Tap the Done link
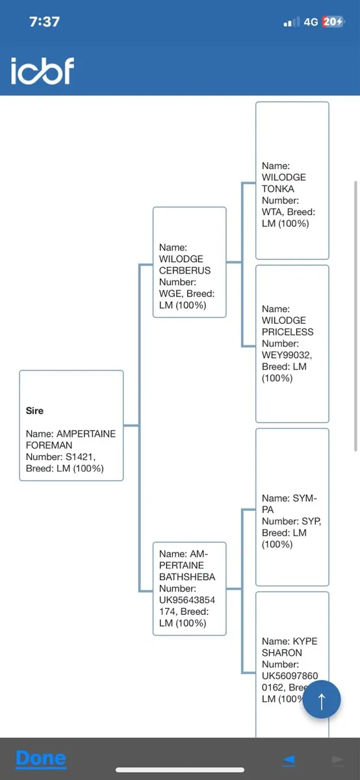pos(41,759)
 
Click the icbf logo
pos(42,71)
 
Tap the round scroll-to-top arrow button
pos(322,699)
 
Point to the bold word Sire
pos(34,411)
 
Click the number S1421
pos(80,456)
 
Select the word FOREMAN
pos(49,445)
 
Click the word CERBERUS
pos(185,270)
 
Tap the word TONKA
pos(278,188)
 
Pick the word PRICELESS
pos(288,332)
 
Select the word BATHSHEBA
pos(187,577)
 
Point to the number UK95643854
pos(187,600)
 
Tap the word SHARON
pos(281,653)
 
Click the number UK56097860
pos(290,675)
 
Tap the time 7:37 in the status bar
pos(45,22)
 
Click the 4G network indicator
pos(311,22)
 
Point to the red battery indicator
pos(333,21)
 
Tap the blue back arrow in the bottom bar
pos(289,760)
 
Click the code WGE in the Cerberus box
pos(170,294)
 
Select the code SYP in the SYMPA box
pos(311,521)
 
